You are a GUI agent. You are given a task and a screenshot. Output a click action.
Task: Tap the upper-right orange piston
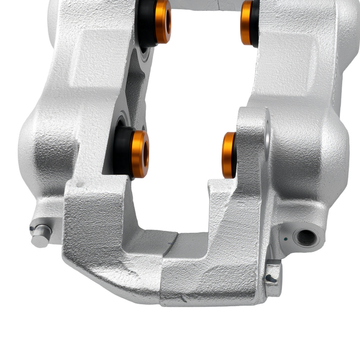click(247, 22)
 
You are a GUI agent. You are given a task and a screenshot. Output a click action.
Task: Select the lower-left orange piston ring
click(140, 154)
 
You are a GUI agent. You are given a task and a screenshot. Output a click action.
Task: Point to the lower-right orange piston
click(229, 155)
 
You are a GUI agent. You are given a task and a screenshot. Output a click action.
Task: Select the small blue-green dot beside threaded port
click(285, 238)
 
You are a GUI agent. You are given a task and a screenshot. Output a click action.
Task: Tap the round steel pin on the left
click(40, 236)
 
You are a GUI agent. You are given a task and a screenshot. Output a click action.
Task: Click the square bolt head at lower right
click(274, 277)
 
